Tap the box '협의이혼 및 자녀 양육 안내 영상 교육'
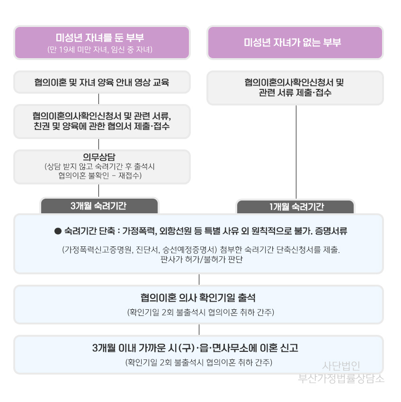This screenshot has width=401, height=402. (102, 82)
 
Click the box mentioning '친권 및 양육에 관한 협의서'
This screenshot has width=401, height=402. (102, 121)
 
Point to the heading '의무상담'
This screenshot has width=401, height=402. (99, 157)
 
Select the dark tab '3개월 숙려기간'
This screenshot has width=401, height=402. (99, 206)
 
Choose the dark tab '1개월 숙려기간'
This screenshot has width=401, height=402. (295, 206)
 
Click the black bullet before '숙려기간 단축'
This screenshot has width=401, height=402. (58, 231)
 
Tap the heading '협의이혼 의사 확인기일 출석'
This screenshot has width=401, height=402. (198, 297)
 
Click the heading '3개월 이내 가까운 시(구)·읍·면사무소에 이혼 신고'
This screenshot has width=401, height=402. (195, 348)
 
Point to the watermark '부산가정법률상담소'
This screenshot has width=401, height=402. (341, 378)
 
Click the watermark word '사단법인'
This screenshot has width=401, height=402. (341, 366)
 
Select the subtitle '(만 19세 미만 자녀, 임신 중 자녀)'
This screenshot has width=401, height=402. (100, 50)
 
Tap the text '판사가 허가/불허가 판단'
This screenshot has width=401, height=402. (202, 260)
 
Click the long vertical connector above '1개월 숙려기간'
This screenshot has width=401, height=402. (296, 152)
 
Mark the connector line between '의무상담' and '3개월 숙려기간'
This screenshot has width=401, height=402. (99, 191)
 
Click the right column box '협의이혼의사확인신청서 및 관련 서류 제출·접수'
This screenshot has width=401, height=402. (295, 87)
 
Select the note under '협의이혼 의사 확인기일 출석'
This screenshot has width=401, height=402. (201, 312)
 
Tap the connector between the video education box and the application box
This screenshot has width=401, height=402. (99, 99)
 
